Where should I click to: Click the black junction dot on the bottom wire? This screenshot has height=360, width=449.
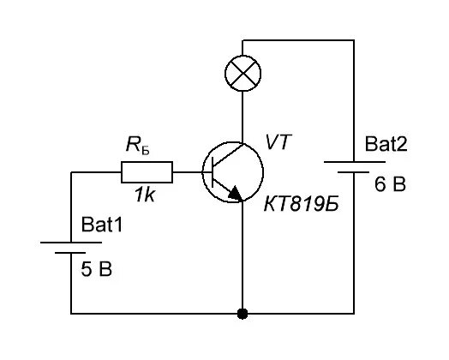point(242,314)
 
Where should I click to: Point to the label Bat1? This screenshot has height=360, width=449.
point(102,225)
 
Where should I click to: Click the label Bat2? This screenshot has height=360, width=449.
point(386,144)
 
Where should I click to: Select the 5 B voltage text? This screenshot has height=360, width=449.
point(97,269)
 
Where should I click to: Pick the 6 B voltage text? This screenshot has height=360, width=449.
point(390,184)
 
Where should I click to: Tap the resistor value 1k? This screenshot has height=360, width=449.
point(145,195)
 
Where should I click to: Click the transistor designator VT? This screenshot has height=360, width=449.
point(278,141)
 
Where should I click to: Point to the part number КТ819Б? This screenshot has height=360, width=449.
point(302,205)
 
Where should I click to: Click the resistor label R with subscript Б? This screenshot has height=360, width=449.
point(138,145)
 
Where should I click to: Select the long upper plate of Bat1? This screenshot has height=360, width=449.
point(71,243)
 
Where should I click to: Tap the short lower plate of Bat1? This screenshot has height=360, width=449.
point(70,253)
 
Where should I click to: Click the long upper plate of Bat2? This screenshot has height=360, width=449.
point(355,162)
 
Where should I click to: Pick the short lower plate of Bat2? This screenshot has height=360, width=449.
point(353,172)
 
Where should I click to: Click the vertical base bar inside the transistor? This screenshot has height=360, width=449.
point(213,172)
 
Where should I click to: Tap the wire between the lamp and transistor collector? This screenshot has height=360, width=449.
point(242,117)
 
